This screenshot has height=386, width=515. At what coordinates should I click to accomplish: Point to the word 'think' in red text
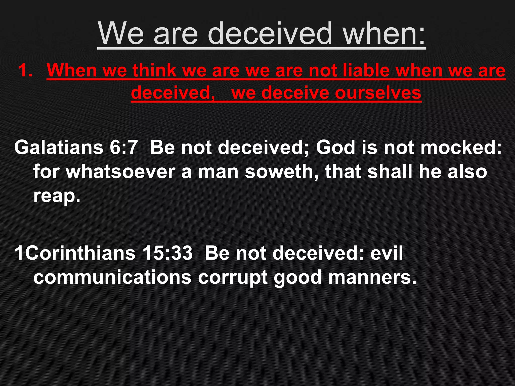(x=154, y=70)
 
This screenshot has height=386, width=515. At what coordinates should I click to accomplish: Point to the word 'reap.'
(x=57, y=196)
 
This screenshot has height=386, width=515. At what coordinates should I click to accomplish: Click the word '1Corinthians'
(x=75, y=253)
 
